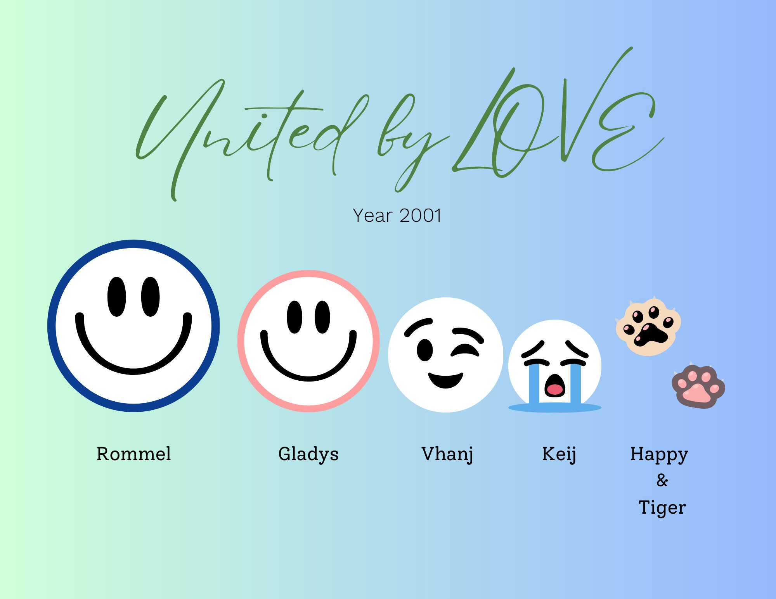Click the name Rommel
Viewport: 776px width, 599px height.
(133, 454)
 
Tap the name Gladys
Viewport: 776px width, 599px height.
(308, 454)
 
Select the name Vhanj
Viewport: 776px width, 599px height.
(447, 454)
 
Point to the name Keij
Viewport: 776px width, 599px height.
(559, 454)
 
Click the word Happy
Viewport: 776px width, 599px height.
(659, 454)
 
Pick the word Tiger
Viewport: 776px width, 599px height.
(662, 508)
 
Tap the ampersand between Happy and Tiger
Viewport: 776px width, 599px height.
(662, 480)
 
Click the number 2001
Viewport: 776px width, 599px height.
(421, 216)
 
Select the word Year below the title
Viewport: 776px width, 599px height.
(372, 216)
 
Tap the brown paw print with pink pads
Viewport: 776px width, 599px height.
(698, 387)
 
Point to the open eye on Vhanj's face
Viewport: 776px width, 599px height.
(424, 350)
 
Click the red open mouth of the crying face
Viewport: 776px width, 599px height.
(555, 388)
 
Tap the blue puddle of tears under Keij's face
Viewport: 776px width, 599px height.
(555, 407)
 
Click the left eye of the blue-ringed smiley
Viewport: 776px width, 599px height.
(116, 297)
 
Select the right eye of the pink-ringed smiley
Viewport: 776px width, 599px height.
(322, 317)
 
